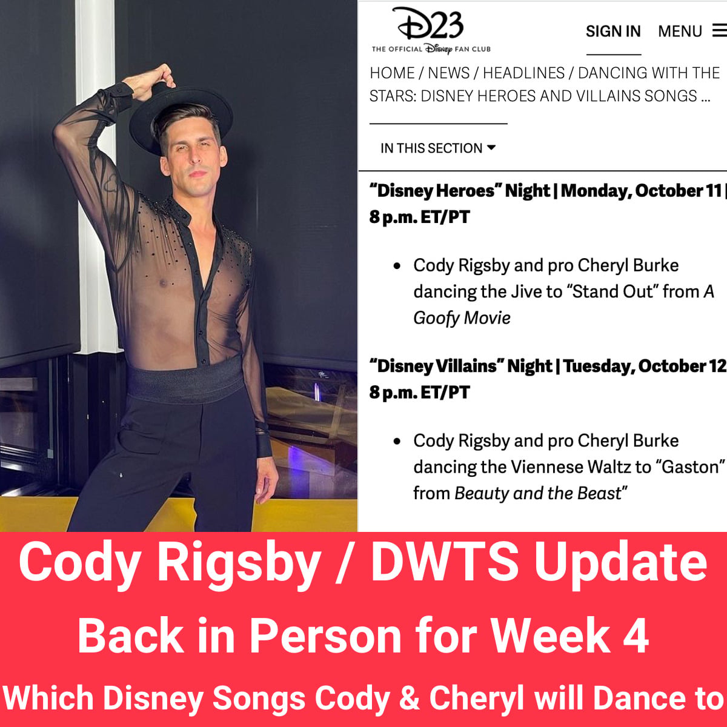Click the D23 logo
[431, 30]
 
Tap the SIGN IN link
[613, 32]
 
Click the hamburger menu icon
[720, 30]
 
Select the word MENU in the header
[680, 32]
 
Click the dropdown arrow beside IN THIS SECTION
[491, 147]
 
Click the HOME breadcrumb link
[392, 73]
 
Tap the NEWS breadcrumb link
[448, 73]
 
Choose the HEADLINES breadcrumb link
[523, 73]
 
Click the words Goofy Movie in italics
[462, 318]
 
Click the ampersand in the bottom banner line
[410, 699]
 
